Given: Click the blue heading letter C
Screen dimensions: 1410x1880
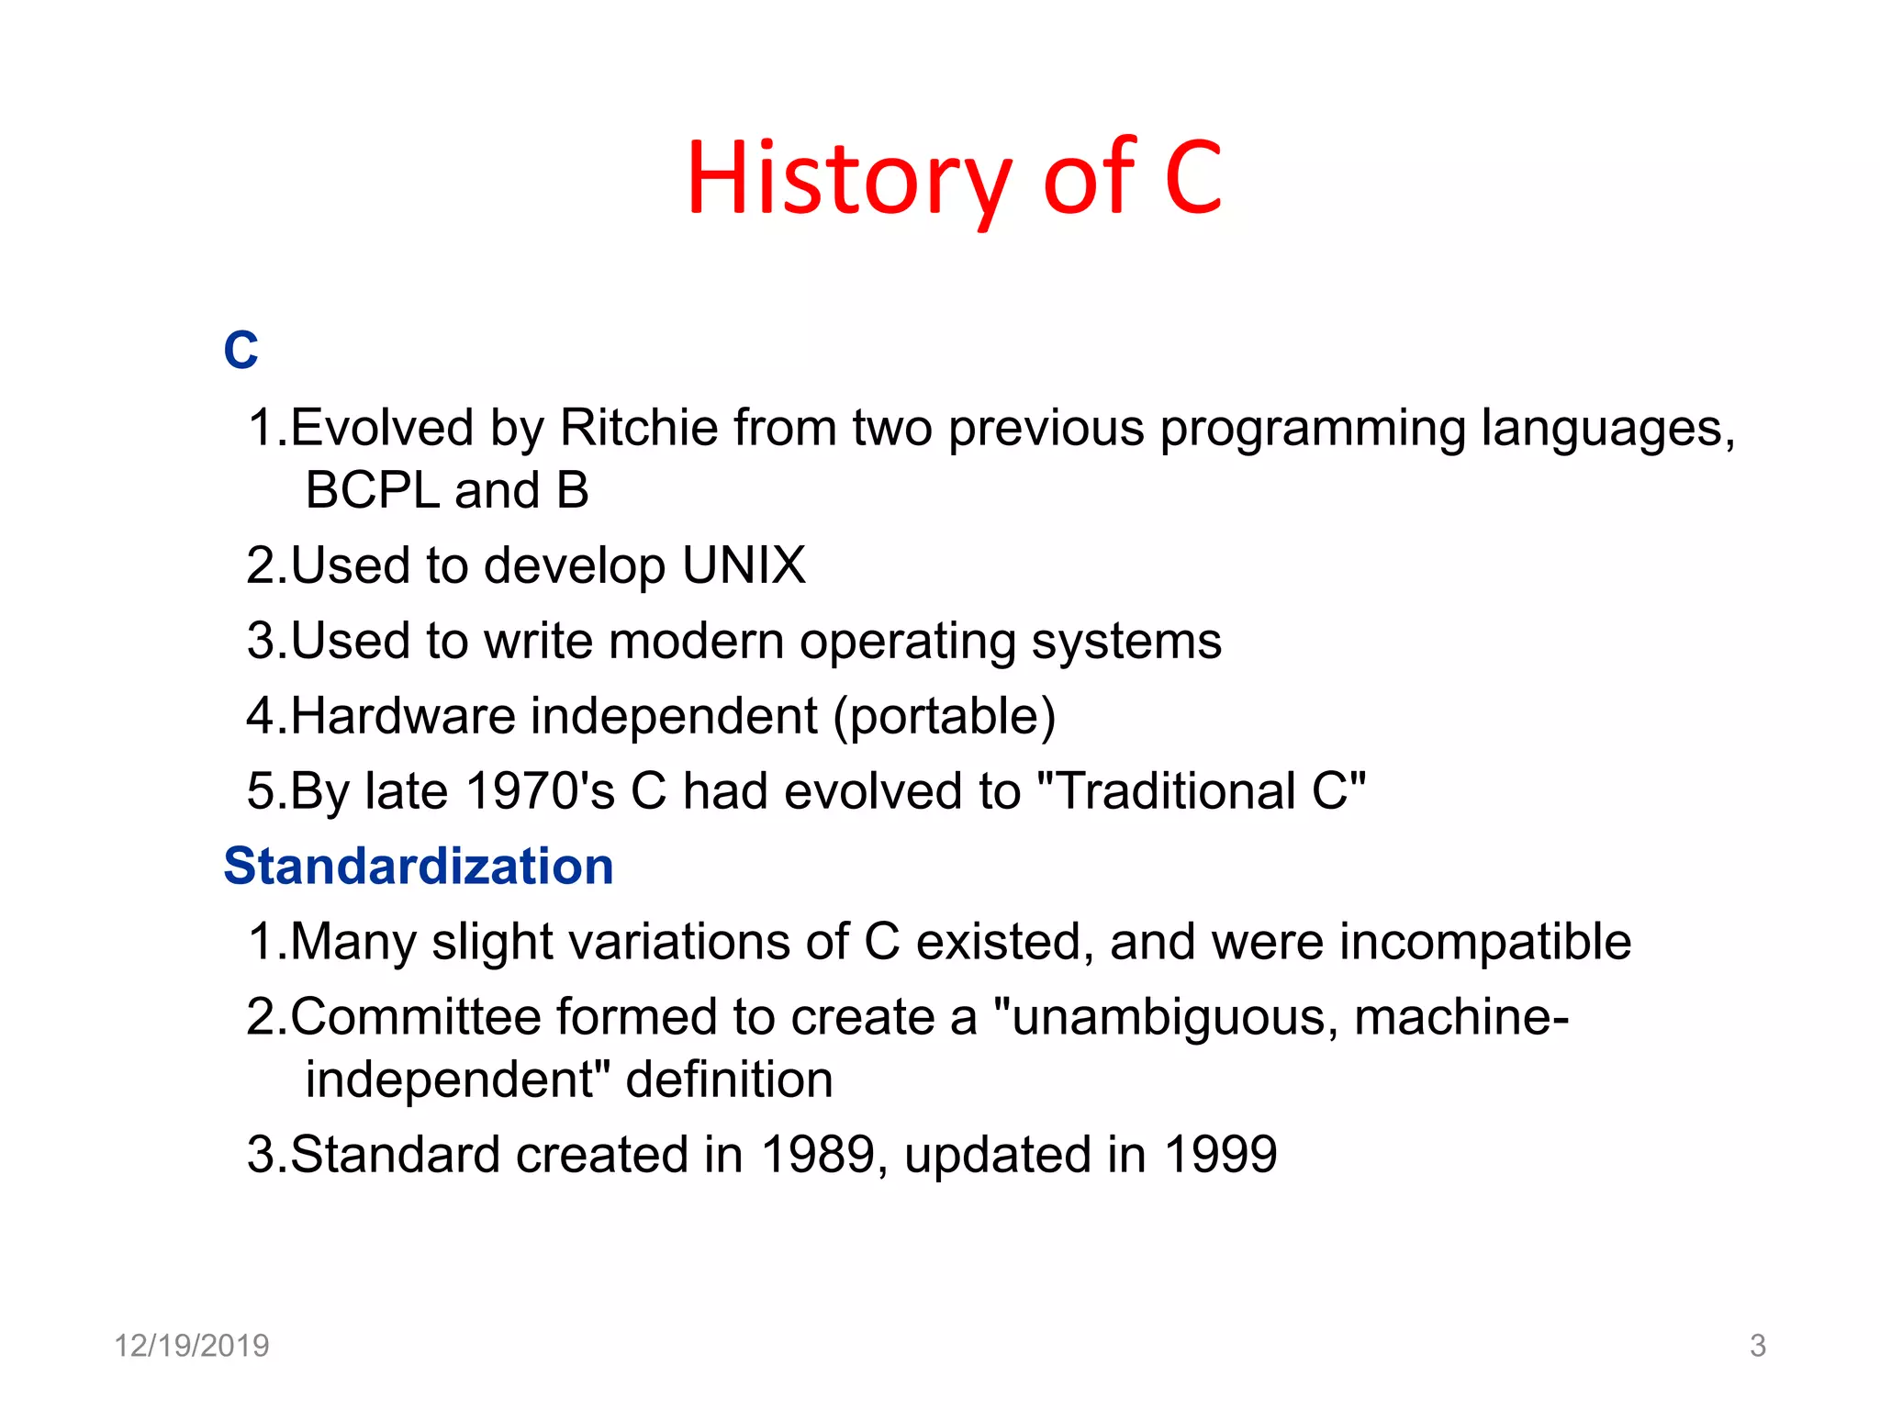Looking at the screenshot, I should point(241,351).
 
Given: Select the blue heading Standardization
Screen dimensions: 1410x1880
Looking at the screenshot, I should point(419,867).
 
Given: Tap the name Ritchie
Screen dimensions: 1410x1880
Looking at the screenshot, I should point(639,428).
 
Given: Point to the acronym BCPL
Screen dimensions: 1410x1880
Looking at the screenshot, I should point(373,490).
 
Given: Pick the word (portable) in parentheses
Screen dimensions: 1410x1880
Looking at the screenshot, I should point(945,717).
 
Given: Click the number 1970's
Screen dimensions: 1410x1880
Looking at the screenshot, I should point(540,791).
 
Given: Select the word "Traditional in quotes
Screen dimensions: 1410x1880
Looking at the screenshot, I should point(1165,791).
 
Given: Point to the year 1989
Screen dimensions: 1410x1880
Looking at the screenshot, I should point(818,1155).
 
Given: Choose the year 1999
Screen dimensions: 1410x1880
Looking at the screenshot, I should point(1220,1155).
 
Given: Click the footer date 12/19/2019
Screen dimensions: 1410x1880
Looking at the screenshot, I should point(191,1346).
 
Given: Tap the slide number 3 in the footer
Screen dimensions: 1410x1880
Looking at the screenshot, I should point(1757,1346).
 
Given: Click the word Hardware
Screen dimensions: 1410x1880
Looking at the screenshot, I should point(404,716).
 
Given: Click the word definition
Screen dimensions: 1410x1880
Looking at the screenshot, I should point(729,1080).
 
